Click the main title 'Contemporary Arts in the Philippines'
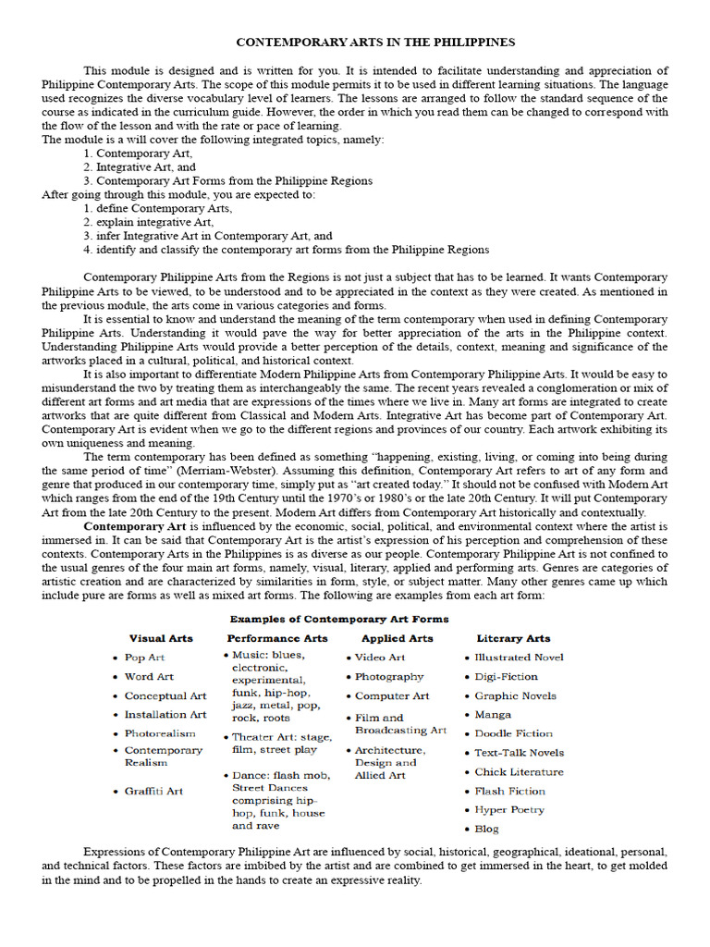[375, 43]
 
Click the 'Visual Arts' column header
[160, 638]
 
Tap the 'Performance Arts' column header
[277, 638]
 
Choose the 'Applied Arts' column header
[397, 638]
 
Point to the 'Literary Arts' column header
[513, 638]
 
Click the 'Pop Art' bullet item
[144, 658]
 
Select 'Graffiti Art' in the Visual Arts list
[153, 792]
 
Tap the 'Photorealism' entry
[160, 733]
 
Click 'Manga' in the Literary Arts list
[493, 715]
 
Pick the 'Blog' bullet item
[486, 830]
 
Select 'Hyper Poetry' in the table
[509, 810]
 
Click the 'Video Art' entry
[380, 658]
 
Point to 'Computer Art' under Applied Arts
[392, 696]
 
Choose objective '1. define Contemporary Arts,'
[157, 209]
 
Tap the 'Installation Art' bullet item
[165, 715]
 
